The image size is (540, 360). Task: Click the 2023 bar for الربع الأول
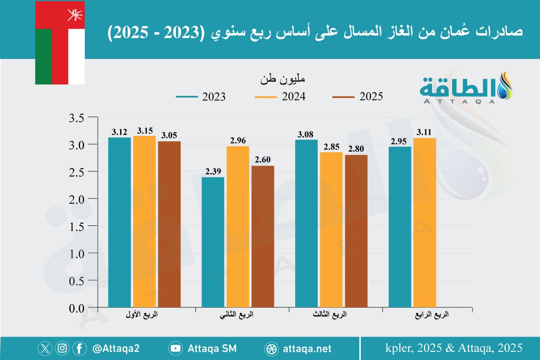pos(120,223)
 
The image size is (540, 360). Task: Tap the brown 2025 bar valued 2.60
pos(263,237)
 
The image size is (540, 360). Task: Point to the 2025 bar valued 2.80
pos(356,231)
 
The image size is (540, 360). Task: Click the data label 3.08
pos(306,134)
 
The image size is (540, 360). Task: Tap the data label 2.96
pos(238,140)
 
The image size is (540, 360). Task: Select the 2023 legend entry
pos(200,97)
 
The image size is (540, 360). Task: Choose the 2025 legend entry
pos(357,97)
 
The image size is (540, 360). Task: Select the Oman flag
pos(60,43)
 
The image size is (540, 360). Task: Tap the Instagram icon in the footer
pos(63,348)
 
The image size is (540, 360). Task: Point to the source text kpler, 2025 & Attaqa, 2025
pos(454,348)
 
